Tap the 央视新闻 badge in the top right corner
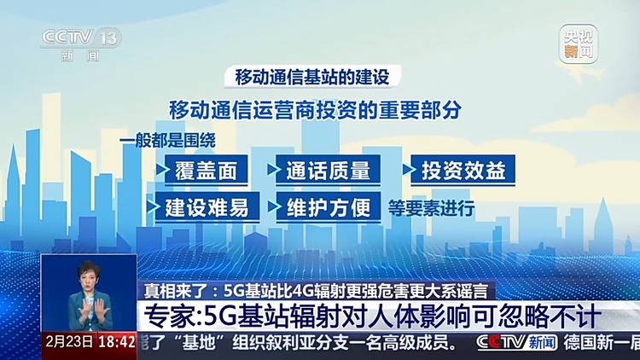tap(578, 44)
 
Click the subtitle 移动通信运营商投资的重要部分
tap(315, 110)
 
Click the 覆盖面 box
tap(201, 170)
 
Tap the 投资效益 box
tap(463, 170)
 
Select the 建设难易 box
tap(201, 206)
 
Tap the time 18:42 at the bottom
tap(117, 343)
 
